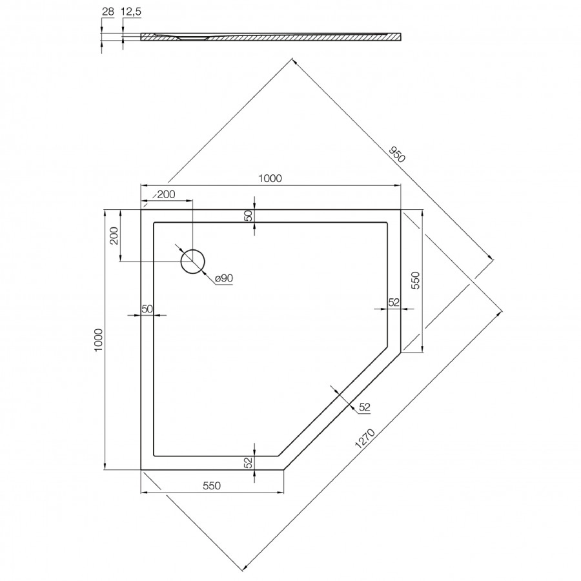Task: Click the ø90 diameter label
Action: [223, 278]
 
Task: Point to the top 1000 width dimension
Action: [270, 179]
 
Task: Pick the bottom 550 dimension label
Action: [212, 486]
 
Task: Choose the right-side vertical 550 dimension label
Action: [416, 282]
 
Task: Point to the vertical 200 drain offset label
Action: [114, 237]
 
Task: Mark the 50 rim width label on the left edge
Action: [147, 309]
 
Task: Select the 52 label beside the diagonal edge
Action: [365, 407]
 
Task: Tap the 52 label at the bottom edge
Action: [248, 462]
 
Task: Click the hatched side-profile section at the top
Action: [271, 37]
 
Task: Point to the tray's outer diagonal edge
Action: [343, 411]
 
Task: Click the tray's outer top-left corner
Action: [141, 210]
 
